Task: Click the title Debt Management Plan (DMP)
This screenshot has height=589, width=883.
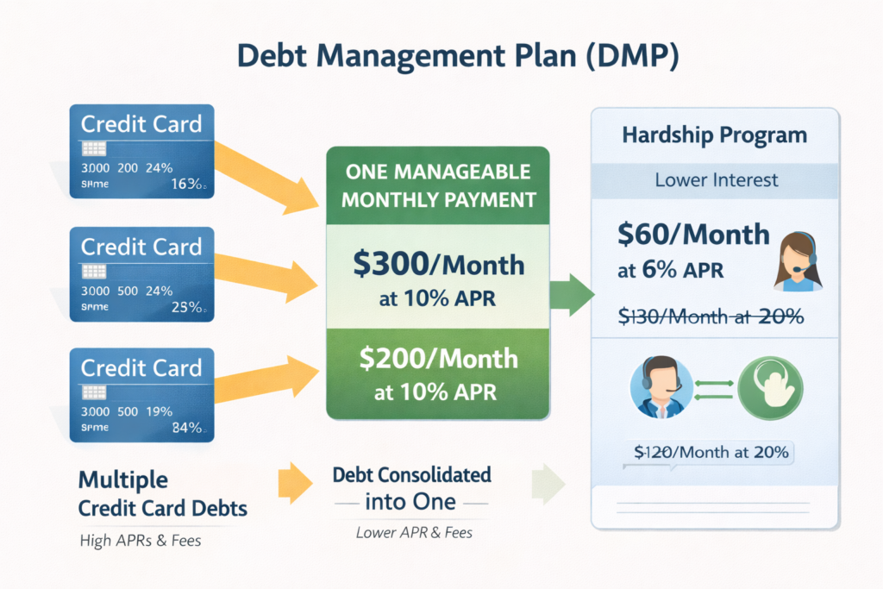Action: click(441, 53)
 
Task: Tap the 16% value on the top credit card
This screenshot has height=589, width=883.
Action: click(186, 183)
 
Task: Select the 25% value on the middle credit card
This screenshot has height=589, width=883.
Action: click(186, 306)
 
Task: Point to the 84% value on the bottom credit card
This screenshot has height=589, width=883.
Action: click(186, 427)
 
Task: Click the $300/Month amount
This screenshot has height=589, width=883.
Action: click(438, 263)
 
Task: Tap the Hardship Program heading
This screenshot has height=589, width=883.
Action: click(714, 136)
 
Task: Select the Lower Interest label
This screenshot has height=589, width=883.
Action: click(716, 180)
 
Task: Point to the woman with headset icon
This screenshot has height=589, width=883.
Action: click(799, 260)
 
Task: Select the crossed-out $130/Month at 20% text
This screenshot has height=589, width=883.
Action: click(711, 316)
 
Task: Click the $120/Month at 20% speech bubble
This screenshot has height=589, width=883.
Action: click(712, 452)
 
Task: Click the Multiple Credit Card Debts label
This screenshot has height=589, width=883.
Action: click(162, 494)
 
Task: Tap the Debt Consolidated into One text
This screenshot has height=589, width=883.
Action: click(412, 488)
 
